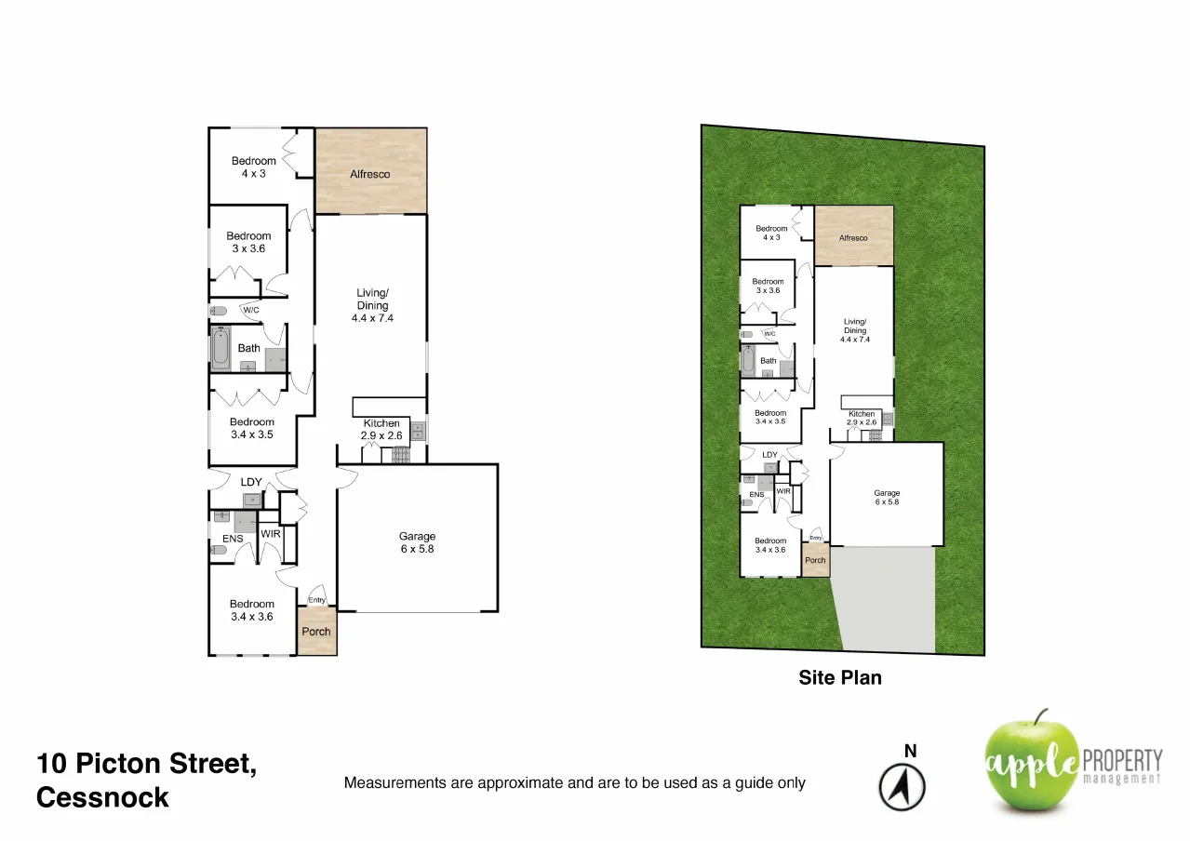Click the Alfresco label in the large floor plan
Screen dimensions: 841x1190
pyautogui.click(x=369, y=174)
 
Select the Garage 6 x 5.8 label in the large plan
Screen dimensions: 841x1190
pyautogui.click(x=417, y=542)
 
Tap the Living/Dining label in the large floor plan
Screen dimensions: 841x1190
pyautogui.click(x=372, y=305)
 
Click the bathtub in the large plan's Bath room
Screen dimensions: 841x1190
pyautogui.click(x=221, y=350)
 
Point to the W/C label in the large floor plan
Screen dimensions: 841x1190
pyautogui.click(x=250, y=310)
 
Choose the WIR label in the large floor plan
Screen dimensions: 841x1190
pyautogui.click(x=271, y=534)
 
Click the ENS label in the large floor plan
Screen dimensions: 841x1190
pyautogui.click(x=233, y=538)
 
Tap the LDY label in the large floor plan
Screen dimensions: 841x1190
pyautogui.click(x=251, y=482)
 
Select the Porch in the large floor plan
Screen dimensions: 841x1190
pyautogui.click(x=316, y=632)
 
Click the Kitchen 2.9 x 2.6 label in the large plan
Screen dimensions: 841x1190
pyautogui.click(x=381, y=429)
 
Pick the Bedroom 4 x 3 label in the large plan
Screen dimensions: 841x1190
pyautogui.click(x=254, y=167)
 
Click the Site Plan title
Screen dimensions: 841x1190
pyautogui.click(x=840, y=677)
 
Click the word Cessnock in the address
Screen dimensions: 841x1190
pyautogui.click(x=102, y=797)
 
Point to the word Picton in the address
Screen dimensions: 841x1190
pyautogui.click(x=124, y=764)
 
